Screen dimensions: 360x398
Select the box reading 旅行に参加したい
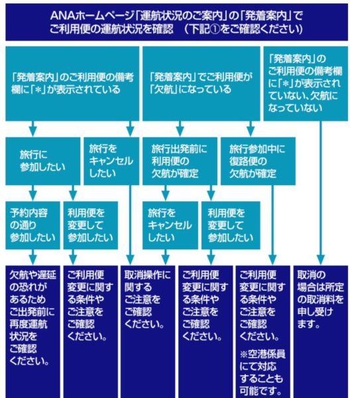[x=43, y=161]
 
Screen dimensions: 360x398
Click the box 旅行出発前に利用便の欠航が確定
[x=180, y=161]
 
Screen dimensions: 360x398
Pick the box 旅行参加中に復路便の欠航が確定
[x=258, y=161]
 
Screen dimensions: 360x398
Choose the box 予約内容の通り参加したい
[x=32, y=225]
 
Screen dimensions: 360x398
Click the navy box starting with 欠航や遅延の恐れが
[x=32, y=332]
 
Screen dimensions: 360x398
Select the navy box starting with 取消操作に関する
[x=148, y=332]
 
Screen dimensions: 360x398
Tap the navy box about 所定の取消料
[x=321, y=332]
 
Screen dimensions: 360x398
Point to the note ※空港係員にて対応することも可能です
[x=263, y=372]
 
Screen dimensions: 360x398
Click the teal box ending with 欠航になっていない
[x=306, y=84]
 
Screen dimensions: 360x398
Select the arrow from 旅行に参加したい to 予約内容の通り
[x=32, y=193]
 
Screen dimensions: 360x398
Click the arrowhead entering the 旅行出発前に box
[x=180, y=132]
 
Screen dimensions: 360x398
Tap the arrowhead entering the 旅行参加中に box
[x=251, y=132]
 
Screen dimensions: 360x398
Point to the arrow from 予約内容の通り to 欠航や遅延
[x=32, y=257]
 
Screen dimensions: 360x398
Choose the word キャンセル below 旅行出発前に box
[x=170, y=225]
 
